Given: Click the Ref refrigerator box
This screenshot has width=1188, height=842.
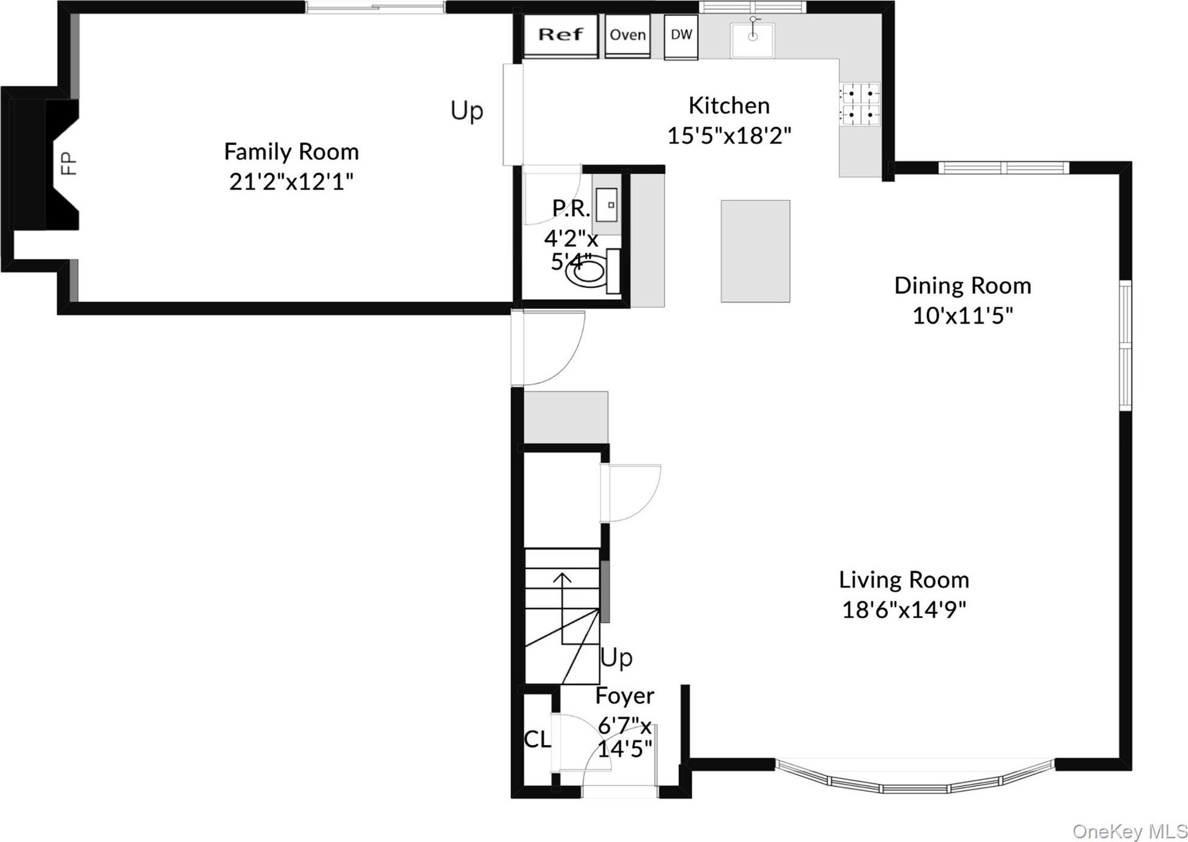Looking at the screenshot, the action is coord(561,36).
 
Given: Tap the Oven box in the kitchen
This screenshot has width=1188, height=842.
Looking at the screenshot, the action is coord(628,36).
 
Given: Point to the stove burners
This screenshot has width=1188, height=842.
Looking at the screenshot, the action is coord(859,104).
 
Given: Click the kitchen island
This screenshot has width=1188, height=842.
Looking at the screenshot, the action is coord(755,251).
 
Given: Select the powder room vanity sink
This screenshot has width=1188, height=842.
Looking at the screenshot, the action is coord(606,204).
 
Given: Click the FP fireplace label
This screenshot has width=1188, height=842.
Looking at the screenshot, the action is coord(69,164).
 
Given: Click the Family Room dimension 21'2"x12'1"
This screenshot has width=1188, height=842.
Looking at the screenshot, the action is coord(291,182).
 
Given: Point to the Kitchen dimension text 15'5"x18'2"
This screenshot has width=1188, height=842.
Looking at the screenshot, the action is coord(729,135).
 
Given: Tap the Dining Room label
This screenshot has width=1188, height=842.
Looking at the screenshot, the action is coord(962,286).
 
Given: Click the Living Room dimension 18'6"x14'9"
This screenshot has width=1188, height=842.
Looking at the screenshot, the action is coord(904,609).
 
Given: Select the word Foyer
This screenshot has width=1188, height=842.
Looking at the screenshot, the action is coord(625,696).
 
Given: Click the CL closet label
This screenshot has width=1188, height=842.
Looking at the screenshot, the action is coord(538,740).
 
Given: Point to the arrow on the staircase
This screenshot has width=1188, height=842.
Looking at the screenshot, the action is coord(562,607).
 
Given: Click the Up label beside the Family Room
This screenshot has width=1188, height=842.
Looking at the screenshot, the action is coord(467,111).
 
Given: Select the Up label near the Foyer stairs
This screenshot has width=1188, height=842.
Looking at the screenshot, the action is coord(617,658).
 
